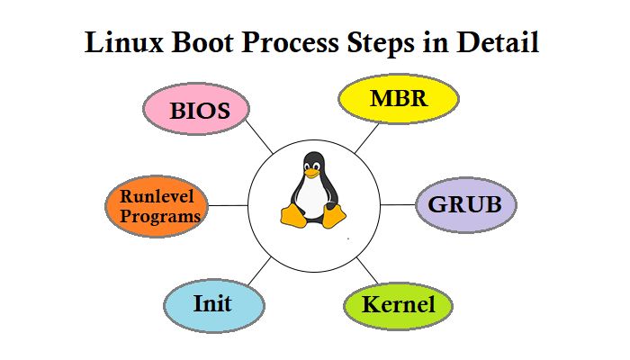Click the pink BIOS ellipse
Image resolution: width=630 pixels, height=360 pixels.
pyautogui.click(x=196, y=110)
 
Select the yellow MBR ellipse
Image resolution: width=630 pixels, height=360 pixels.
pyautogui.click(x=397, y=97)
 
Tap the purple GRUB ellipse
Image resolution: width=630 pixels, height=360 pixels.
pyautogui.click(x=464, y=204)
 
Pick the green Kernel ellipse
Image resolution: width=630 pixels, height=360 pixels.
pyautogui.click(x=398, y=305)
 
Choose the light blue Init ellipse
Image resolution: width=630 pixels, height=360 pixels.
pyautogui.click(x=213, y=304)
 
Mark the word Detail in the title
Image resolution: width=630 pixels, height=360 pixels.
pyautogui.click(x=504, y=43)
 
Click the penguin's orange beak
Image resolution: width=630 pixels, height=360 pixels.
pyautogui.click(x=312, y=173)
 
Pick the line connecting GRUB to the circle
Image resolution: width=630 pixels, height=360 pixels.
pyautogui.click(x=397, y=205)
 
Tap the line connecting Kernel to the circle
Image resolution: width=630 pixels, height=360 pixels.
pyautogui.click(x=366, y=268)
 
